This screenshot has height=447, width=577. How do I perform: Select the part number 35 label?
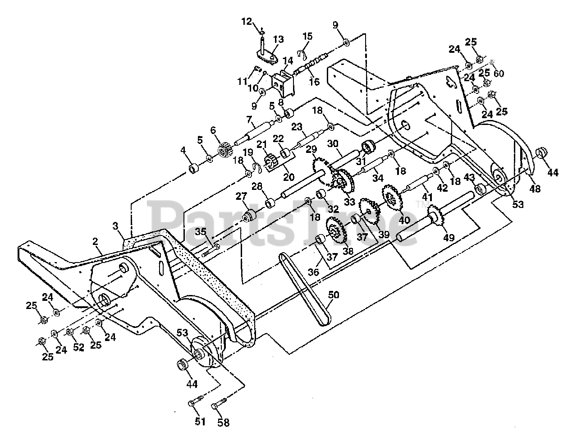pos(201,232)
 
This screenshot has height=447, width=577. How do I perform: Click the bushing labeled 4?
pos(194,169)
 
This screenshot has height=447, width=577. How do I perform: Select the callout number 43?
pos(469,178)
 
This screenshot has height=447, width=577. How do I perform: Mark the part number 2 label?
pos(96,241)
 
